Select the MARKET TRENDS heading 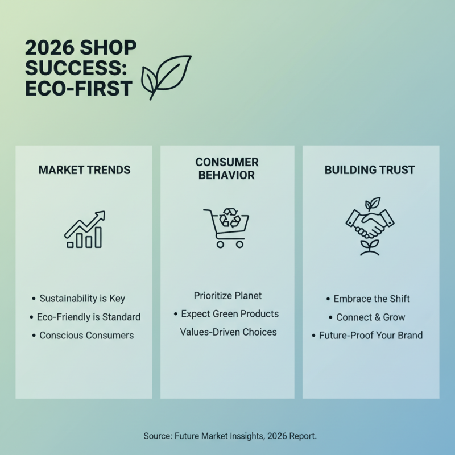84,170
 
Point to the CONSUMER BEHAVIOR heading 227,169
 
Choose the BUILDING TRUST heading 370,170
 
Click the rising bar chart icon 84,230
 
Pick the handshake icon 370,224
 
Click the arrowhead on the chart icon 100,215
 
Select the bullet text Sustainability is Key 82,299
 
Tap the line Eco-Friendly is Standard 88,317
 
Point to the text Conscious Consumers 86,336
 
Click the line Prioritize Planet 227,296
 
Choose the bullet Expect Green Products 230,314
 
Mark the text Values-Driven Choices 228,332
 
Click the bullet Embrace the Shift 371,299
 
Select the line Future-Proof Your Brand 371,335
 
